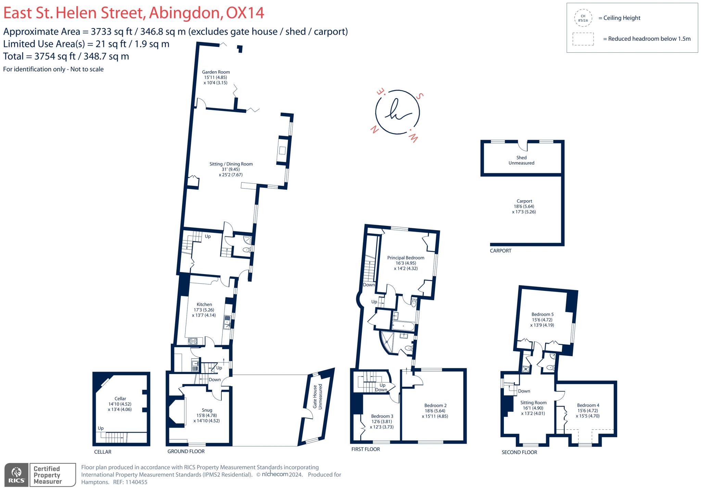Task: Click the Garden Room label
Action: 216,72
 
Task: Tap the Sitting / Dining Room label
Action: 231,164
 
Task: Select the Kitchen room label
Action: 204,304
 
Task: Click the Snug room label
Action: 207,410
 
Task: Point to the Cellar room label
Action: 120,399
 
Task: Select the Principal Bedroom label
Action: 406,258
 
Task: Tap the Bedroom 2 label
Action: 435,406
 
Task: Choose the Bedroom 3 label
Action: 382,416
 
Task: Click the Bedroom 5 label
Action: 542,314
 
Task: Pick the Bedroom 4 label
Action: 588,405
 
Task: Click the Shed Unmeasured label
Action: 521,160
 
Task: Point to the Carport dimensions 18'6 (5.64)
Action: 524,206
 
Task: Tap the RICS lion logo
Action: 16,474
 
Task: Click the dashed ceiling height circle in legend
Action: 583,18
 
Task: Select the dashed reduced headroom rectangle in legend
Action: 583,39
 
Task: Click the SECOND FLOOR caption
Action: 519,452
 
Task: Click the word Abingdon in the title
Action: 185,13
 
